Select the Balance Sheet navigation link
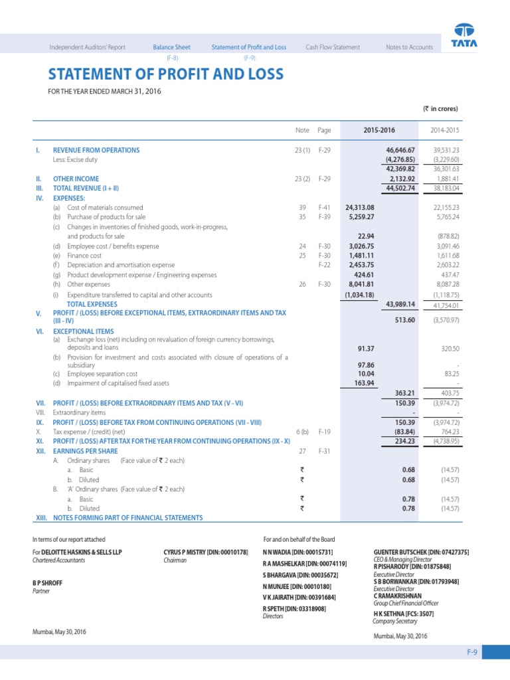171,47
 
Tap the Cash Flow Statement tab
333,47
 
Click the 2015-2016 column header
379,130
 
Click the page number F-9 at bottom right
471,653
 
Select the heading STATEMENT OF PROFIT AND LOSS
165,74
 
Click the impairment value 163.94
362,383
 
